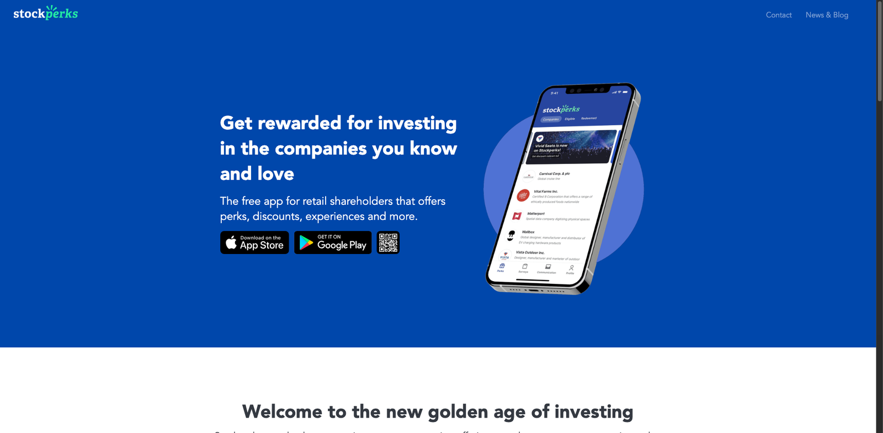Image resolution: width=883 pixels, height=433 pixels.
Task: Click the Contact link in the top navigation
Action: [x=778, y=15]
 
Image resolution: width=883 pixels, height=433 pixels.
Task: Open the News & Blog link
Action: [x=827, y=15]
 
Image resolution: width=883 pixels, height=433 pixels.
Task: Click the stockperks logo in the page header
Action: [x=46, y=13]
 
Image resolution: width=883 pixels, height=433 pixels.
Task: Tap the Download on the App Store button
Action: [x=254, y=242]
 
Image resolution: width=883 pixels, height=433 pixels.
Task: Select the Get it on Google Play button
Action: [x=333, y=242]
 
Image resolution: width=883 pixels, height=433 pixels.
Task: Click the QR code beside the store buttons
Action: [x=388, y=242]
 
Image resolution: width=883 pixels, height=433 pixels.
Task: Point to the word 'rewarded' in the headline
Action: [x=299, y=123]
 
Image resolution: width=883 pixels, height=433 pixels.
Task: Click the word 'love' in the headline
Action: [x=275, y=174]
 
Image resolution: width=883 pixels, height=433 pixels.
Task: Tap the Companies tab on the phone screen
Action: [x=551, y=119]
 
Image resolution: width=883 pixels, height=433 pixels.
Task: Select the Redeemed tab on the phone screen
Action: [x=588, y=118]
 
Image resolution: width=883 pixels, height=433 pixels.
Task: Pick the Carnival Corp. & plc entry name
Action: [x=554, y=173]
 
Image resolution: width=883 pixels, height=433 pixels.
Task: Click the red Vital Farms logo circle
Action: [x=523, y=195]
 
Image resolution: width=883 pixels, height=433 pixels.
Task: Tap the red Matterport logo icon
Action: [x=517, y=216]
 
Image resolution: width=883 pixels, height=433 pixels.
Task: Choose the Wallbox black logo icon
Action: [x=511, y=236]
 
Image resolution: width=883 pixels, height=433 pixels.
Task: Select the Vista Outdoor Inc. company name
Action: [x=530, y=252]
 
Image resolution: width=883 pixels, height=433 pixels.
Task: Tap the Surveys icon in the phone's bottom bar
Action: [x=524, y=267]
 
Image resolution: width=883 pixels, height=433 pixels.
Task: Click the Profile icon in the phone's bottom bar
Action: [x=571, y=268]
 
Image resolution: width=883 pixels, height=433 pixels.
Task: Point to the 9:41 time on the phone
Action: [x=554, y=93]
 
